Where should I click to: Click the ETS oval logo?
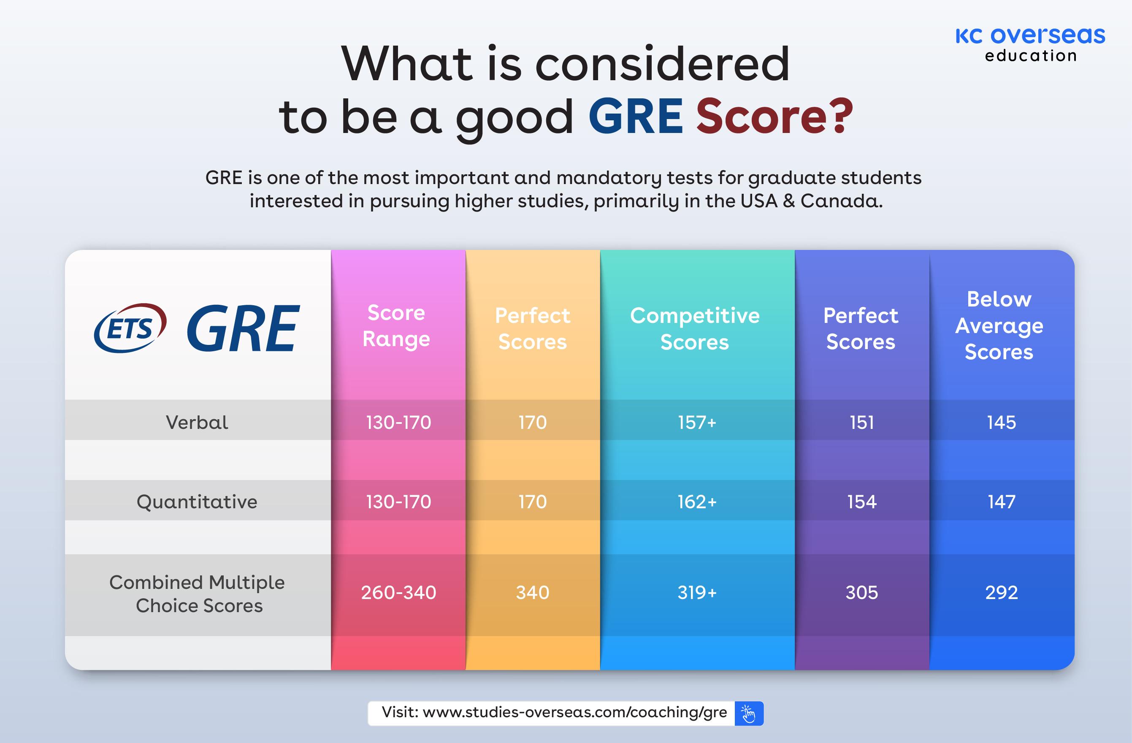click(130, 328)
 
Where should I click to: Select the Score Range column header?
click(396, 326)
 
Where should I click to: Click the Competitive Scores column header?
click(694, 329)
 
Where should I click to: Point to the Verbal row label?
click(197, 423)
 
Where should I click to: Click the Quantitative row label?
click(197, 502)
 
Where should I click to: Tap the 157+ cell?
click(697, 423)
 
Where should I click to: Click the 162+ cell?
click(697, 502)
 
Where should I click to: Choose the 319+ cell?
click(697, 593)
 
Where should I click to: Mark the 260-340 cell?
click(398, 593)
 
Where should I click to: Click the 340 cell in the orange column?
click(533, 593)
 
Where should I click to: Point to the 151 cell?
click(862, 423)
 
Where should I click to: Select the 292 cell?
click(1001, 593)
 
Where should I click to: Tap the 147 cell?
click(1001, 502)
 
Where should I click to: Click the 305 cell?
click(862, 593)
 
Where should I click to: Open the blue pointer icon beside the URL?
click(749, 713)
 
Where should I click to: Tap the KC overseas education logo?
click(1030, 44)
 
